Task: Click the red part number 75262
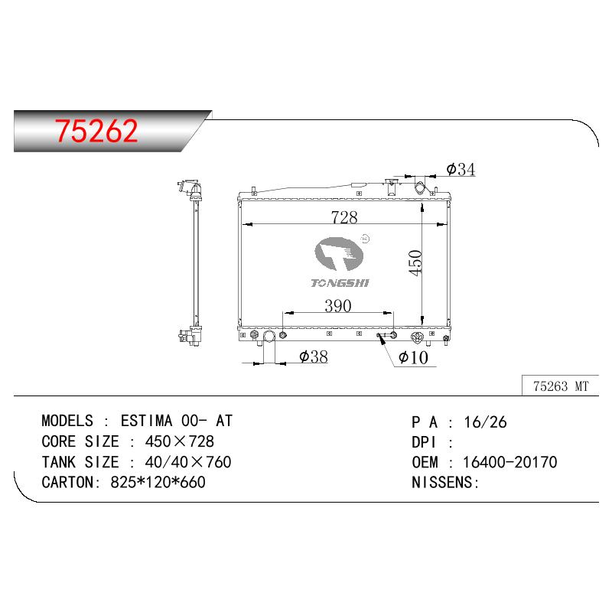click(96, 130)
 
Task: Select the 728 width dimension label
click(344, 217)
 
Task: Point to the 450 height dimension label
click(415, 263)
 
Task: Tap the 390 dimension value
click(338, 305)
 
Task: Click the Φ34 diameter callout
click(461, 169)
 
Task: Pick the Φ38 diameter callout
click(314, 356)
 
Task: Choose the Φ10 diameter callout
click(413, 357)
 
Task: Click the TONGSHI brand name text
click(340, 283)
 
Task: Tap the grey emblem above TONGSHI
click(339, 254)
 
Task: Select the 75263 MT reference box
click(560, 386)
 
